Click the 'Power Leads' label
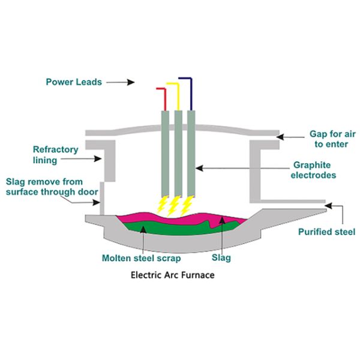[x=74, y=82]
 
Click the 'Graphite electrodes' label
[x=314, y=170]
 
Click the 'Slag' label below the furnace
[x=221, y=258]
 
